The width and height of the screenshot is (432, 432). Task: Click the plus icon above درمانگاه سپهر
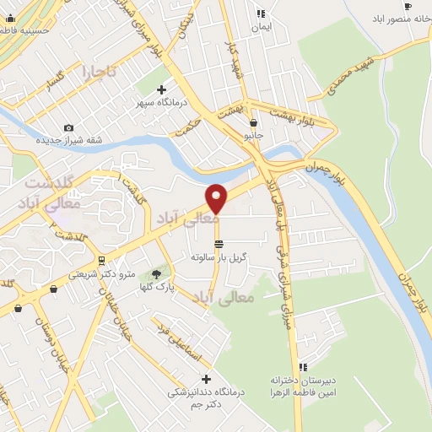[x=162, y=89]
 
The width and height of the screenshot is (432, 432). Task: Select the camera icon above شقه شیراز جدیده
[x=68, y=127]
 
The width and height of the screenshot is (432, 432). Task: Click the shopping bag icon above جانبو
[x=254, y=122]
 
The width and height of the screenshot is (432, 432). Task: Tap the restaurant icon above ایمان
[x=262, y=13]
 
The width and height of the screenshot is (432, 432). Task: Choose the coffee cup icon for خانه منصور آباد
[x=408, y=7]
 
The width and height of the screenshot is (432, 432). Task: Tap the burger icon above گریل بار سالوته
[x=219, y=244]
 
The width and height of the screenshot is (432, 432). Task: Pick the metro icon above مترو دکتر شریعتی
[x=101, y=260]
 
